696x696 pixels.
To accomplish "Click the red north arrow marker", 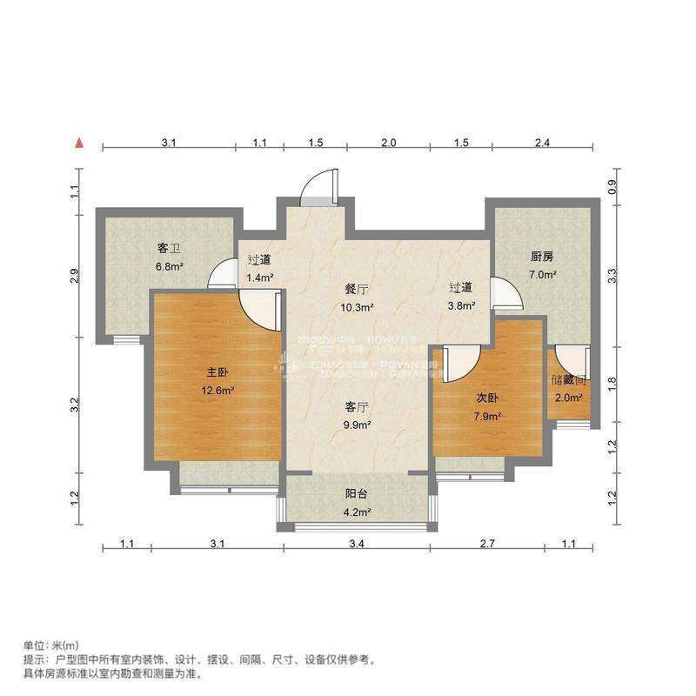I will point(79,143).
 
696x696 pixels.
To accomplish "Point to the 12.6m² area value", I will point(215,391).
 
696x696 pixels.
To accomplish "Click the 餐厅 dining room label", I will point(356,289).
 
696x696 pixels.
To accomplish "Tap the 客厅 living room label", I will point(356,406).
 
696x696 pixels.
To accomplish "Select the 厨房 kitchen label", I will point(542,257).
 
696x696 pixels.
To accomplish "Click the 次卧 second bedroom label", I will point(486,397).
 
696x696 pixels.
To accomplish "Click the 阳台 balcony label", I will point(356,494).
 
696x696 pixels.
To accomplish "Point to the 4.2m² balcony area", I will point(356,512).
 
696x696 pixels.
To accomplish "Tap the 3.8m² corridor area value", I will point(461,305).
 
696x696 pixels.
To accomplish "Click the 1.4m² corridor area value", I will point(259,278).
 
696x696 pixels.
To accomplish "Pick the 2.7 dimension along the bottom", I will point(486,545).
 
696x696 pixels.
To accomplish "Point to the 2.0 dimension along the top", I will point(389,143).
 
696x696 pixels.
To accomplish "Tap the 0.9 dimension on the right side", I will point(612,186).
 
